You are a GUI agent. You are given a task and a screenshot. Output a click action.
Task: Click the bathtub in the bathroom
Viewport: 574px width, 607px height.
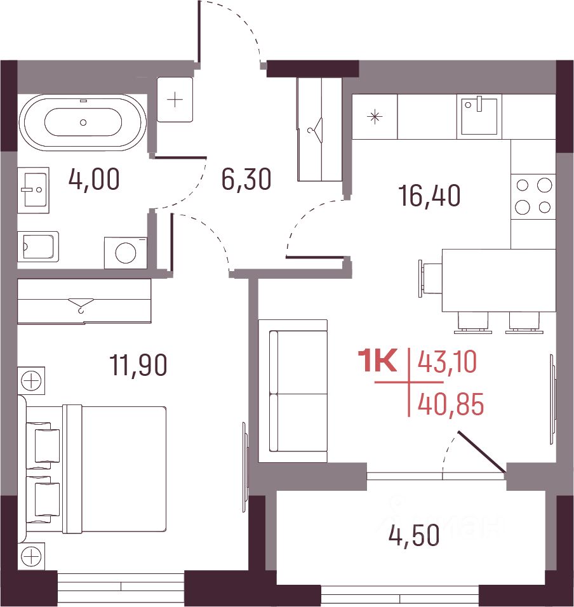[83, 122]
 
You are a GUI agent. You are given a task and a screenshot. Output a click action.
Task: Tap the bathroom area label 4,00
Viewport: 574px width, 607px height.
[94, 179]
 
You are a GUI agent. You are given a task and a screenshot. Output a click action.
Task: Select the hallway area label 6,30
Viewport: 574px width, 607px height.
[246, 179]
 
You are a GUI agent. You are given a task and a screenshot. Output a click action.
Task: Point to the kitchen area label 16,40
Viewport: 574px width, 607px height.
[430, 196]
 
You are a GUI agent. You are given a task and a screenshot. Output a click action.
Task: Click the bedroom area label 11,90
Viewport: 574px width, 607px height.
[138, 364]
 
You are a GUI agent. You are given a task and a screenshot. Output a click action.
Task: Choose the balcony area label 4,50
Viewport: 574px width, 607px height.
[414, 535]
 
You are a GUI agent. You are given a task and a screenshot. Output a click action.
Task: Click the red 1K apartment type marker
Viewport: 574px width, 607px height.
[378, 361]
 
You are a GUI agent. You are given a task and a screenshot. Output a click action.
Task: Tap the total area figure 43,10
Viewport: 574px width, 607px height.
[447, 363]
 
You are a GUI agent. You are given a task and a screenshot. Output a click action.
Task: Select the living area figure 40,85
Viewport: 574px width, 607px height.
[451, 404]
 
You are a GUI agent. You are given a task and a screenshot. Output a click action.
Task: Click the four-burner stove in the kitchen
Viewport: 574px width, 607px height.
[533, 196]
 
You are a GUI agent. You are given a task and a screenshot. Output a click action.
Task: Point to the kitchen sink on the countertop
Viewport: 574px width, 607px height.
[479, 115]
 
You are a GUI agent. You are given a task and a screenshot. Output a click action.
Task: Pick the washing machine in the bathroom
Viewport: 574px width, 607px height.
[126, 253]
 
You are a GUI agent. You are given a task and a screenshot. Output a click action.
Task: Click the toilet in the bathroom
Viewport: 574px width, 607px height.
[38, 246]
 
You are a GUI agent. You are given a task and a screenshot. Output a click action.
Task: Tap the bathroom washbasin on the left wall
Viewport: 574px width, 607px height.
[33, 190]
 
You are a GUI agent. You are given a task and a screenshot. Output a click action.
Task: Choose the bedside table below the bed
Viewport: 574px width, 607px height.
[31, 557]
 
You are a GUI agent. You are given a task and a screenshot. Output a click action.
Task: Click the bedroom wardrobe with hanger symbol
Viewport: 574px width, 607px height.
[84, 301]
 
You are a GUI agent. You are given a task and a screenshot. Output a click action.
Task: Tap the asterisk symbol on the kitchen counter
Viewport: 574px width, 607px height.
[375, 117]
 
